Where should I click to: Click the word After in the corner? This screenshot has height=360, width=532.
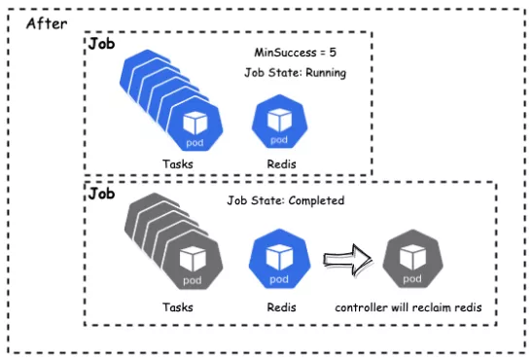tap(47, 23)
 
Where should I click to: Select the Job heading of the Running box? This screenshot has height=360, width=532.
tap(101, 44)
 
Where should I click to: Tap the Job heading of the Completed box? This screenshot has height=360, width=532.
tap(101, 194)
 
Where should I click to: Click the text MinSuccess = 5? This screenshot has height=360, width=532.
tap(296, 53)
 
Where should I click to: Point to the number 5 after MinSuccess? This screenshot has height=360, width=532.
tap(333, 53)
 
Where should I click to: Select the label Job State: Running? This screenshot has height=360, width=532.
tap(296, 73)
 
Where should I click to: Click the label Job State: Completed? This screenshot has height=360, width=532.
tap(286, 200)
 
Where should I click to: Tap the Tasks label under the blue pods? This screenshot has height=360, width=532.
tap(178, 164)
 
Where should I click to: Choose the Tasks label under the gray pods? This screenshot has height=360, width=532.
tap(178, 307)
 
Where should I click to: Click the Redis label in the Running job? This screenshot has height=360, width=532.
tap(281, 164)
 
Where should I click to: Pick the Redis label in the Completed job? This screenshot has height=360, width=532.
tap(281, 307)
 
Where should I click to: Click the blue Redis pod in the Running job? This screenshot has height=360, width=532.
tap(279, 122)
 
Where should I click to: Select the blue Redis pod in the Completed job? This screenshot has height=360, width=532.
tap(279, 259)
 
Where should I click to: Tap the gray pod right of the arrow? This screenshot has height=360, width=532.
tap(412, 259)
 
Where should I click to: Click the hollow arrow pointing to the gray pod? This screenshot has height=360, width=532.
tap(348, 260)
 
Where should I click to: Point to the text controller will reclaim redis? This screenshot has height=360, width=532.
tap(408, 307)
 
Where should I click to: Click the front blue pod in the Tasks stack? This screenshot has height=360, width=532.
tap(195, 124)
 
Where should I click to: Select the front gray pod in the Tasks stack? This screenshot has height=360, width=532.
tap(193, 261)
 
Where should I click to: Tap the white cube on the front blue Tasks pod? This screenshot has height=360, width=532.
tap(195, 124)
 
